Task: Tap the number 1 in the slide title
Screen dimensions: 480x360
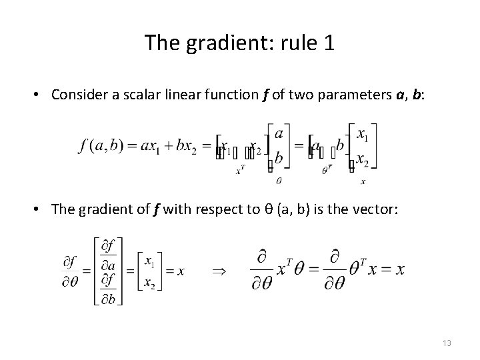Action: point(327,45)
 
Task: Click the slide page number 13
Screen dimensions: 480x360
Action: point(447,343)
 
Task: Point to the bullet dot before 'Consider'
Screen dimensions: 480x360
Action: point(40,95)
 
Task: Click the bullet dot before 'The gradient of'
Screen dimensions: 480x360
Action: point(40,209)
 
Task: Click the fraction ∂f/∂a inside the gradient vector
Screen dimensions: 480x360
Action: point(109,255)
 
